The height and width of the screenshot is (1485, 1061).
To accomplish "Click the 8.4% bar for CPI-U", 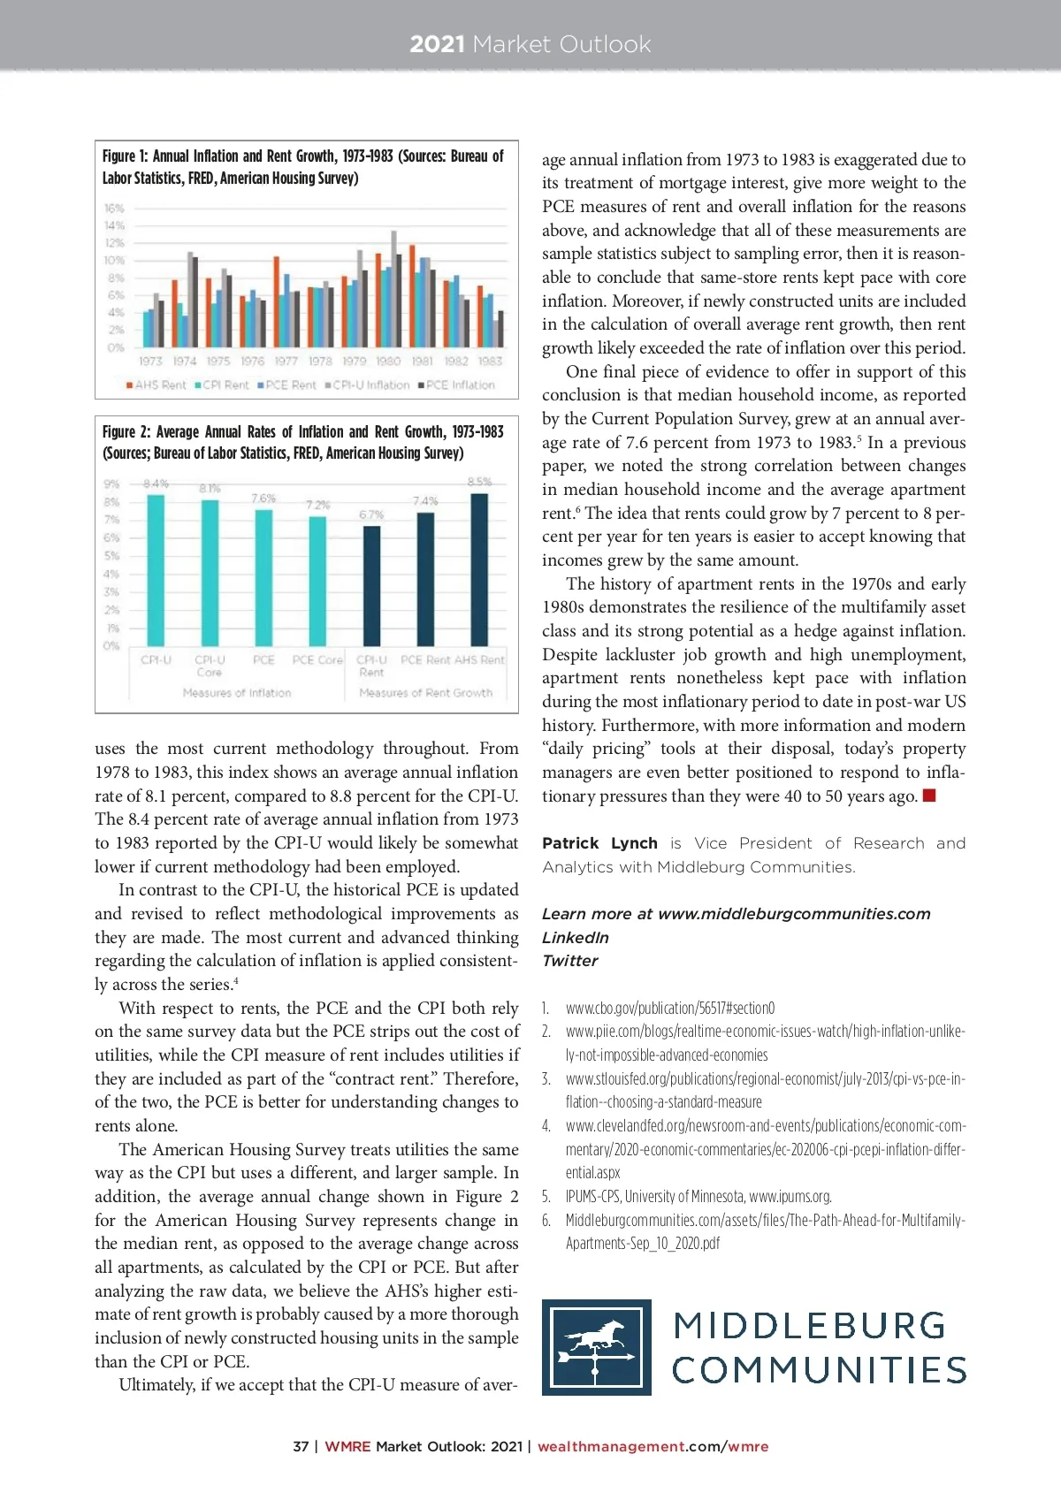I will tap(156, 570).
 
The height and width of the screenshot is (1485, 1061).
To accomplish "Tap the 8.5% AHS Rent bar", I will tap(479, 570).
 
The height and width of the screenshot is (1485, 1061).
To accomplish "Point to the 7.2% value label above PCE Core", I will tap(317, 505).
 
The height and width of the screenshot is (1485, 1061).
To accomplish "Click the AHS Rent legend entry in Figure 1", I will tap(156, 385).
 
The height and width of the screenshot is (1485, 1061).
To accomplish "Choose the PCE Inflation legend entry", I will tap(460, 385).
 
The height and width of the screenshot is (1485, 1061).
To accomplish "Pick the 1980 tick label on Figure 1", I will tap(388, 362).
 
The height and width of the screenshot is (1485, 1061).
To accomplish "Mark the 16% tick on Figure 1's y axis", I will tap(114, 209).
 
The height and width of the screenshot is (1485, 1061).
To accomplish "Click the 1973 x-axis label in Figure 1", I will tap(150, 362).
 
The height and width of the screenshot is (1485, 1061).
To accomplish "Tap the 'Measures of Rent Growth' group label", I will tap(425, 693).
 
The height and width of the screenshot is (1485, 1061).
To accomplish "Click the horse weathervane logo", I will tap(597, 1347).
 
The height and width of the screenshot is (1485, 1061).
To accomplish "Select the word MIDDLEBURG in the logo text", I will tap(809, 1326).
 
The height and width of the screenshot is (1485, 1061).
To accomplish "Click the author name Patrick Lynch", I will tap(599, 843).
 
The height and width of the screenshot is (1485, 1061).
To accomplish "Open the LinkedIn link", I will tap(576, 938).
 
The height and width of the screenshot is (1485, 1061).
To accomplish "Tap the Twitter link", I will tap(570, 961).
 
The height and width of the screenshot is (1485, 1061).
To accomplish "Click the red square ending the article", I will tap(928, 796).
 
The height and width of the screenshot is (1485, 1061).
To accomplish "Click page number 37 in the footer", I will tap(301, 1447).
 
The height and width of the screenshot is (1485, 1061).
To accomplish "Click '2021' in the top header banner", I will tap(437, 44).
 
